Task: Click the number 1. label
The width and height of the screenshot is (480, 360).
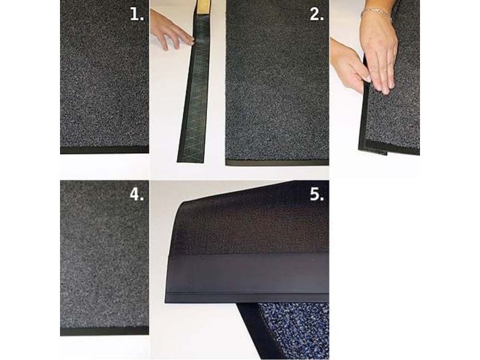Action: [x=137, y=14]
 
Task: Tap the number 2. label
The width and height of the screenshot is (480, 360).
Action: [x=317, y=14]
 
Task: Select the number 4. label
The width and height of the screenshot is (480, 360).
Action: [x=137, y=194]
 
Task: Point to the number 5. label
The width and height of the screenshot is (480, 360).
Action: [x=317, y=194]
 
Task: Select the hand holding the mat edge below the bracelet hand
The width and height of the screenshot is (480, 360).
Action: [x=349, y=64]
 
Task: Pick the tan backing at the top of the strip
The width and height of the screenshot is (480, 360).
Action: [x=202, y=7]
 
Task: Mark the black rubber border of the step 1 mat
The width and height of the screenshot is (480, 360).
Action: [x=104, y=149]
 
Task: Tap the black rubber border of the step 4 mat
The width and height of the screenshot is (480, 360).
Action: [x=104, y=331]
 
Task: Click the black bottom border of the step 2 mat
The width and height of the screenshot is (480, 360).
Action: [x=277, y=163]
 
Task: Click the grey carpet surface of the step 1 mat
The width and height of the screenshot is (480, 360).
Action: [x=104, y=73]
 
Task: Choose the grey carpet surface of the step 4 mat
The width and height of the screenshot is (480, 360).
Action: [x=104, y=253]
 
